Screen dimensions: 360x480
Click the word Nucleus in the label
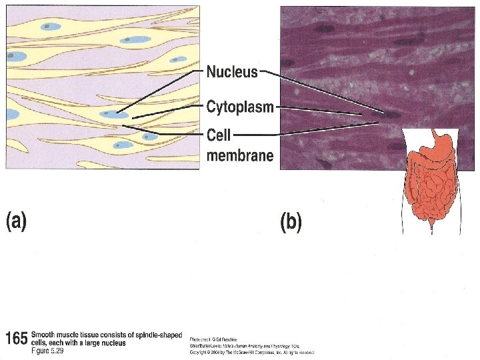tap(232, 72)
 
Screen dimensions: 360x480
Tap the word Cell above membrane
tap(218, 135)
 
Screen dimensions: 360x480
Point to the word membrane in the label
tap(239, 156)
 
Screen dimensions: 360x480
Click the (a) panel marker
tap(17, 221)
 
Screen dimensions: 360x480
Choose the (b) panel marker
tap(291, 221)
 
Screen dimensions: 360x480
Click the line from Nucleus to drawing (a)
tap(160, 91)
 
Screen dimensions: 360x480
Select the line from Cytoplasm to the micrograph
tap(320, 111)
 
